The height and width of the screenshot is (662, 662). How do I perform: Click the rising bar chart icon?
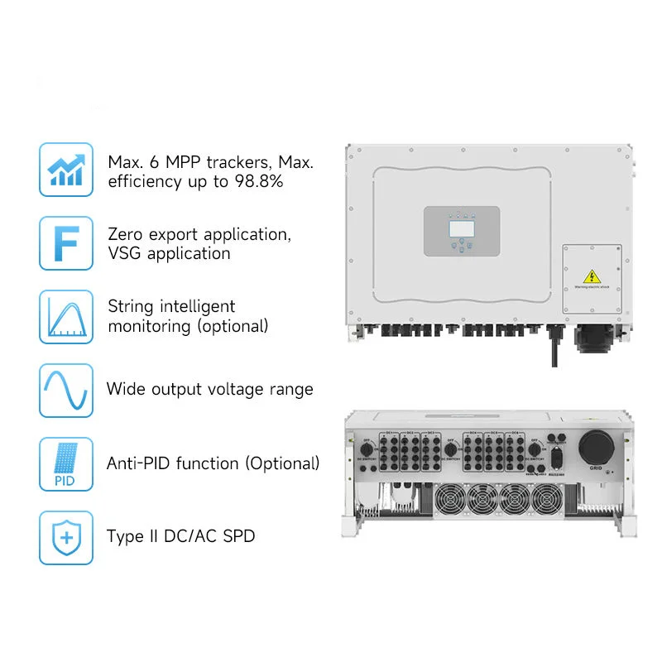[x=66, y=169]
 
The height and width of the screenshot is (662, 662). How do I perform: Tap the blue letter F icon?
[x=66, y=243]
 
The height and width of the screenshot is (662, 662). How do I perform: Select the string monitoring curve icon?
[x=66, y=316]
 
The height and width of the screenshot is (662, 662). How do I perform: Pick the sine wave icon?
[x=66, y=390]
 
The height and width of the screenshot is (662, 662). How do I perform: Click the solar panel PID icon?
[x=66, y=463]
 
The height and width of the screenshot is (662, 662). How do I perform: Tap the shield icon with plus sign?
[x=66, y=537]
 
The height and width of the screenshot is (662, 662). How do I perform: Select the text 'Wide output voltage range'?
[x=210, y=389]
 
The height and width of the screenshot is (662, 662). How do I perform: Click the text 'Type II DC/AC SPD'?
[x=180, y=536]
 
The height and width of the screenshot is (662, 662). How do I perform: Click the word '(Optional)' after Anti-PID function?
[x=281, y=463]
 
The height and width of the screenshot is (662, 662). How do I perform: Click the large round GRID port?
[x=597, y=448]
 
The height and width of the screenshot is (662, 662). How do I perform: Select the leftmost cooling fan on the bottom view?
[x=449, y=501]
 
